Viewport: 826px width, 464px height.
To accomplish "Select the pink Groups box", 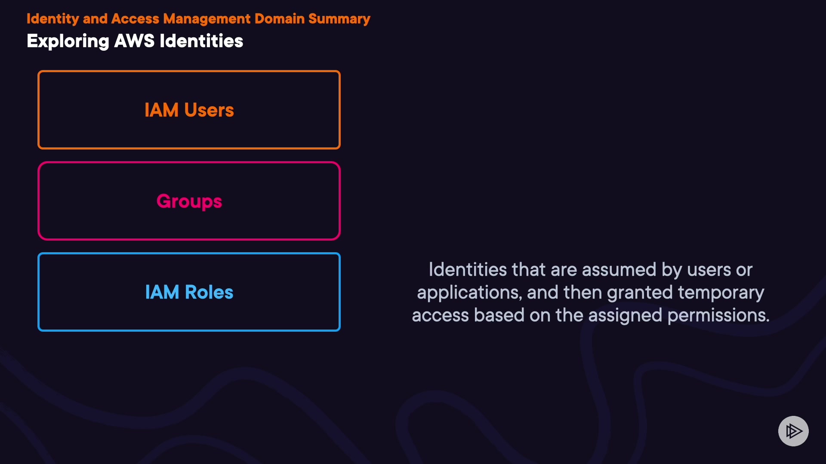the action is pos(189,163).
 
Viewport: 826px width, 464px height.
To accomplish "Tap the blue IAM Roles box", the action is pos(189,254).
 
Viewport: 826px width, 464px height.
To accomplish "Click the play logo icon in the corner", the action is pos(793,431).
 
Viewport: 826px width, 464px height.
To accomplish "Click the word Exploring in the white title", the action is pos(68,42).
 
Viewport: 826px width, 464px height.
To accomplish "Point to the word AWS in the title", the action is pos(134,41).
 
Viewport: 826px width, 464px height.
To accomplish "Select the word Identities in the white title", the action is pos(201,41).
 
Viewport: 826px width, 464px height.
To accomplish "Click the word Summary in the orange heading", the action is pos(339,19).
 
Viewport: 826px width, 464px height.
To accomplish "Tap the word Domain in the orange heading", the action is pos(279,19).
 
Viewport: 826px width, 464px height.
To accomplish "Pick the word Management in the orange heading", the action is pos(207,19).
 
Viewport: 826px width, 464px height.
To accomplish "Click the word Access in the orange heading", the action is pos(135,19).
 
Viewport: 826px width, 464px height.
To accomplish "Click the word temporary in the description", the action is pos(721,293).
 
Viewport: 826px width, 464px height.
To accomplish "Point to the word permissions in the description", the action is pos(718,316).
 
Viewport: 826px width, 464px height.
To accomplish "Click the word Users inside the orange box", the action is pos(209,110).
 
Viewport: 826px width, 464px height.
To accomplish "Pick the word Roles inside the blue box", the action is pos(209,293).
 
